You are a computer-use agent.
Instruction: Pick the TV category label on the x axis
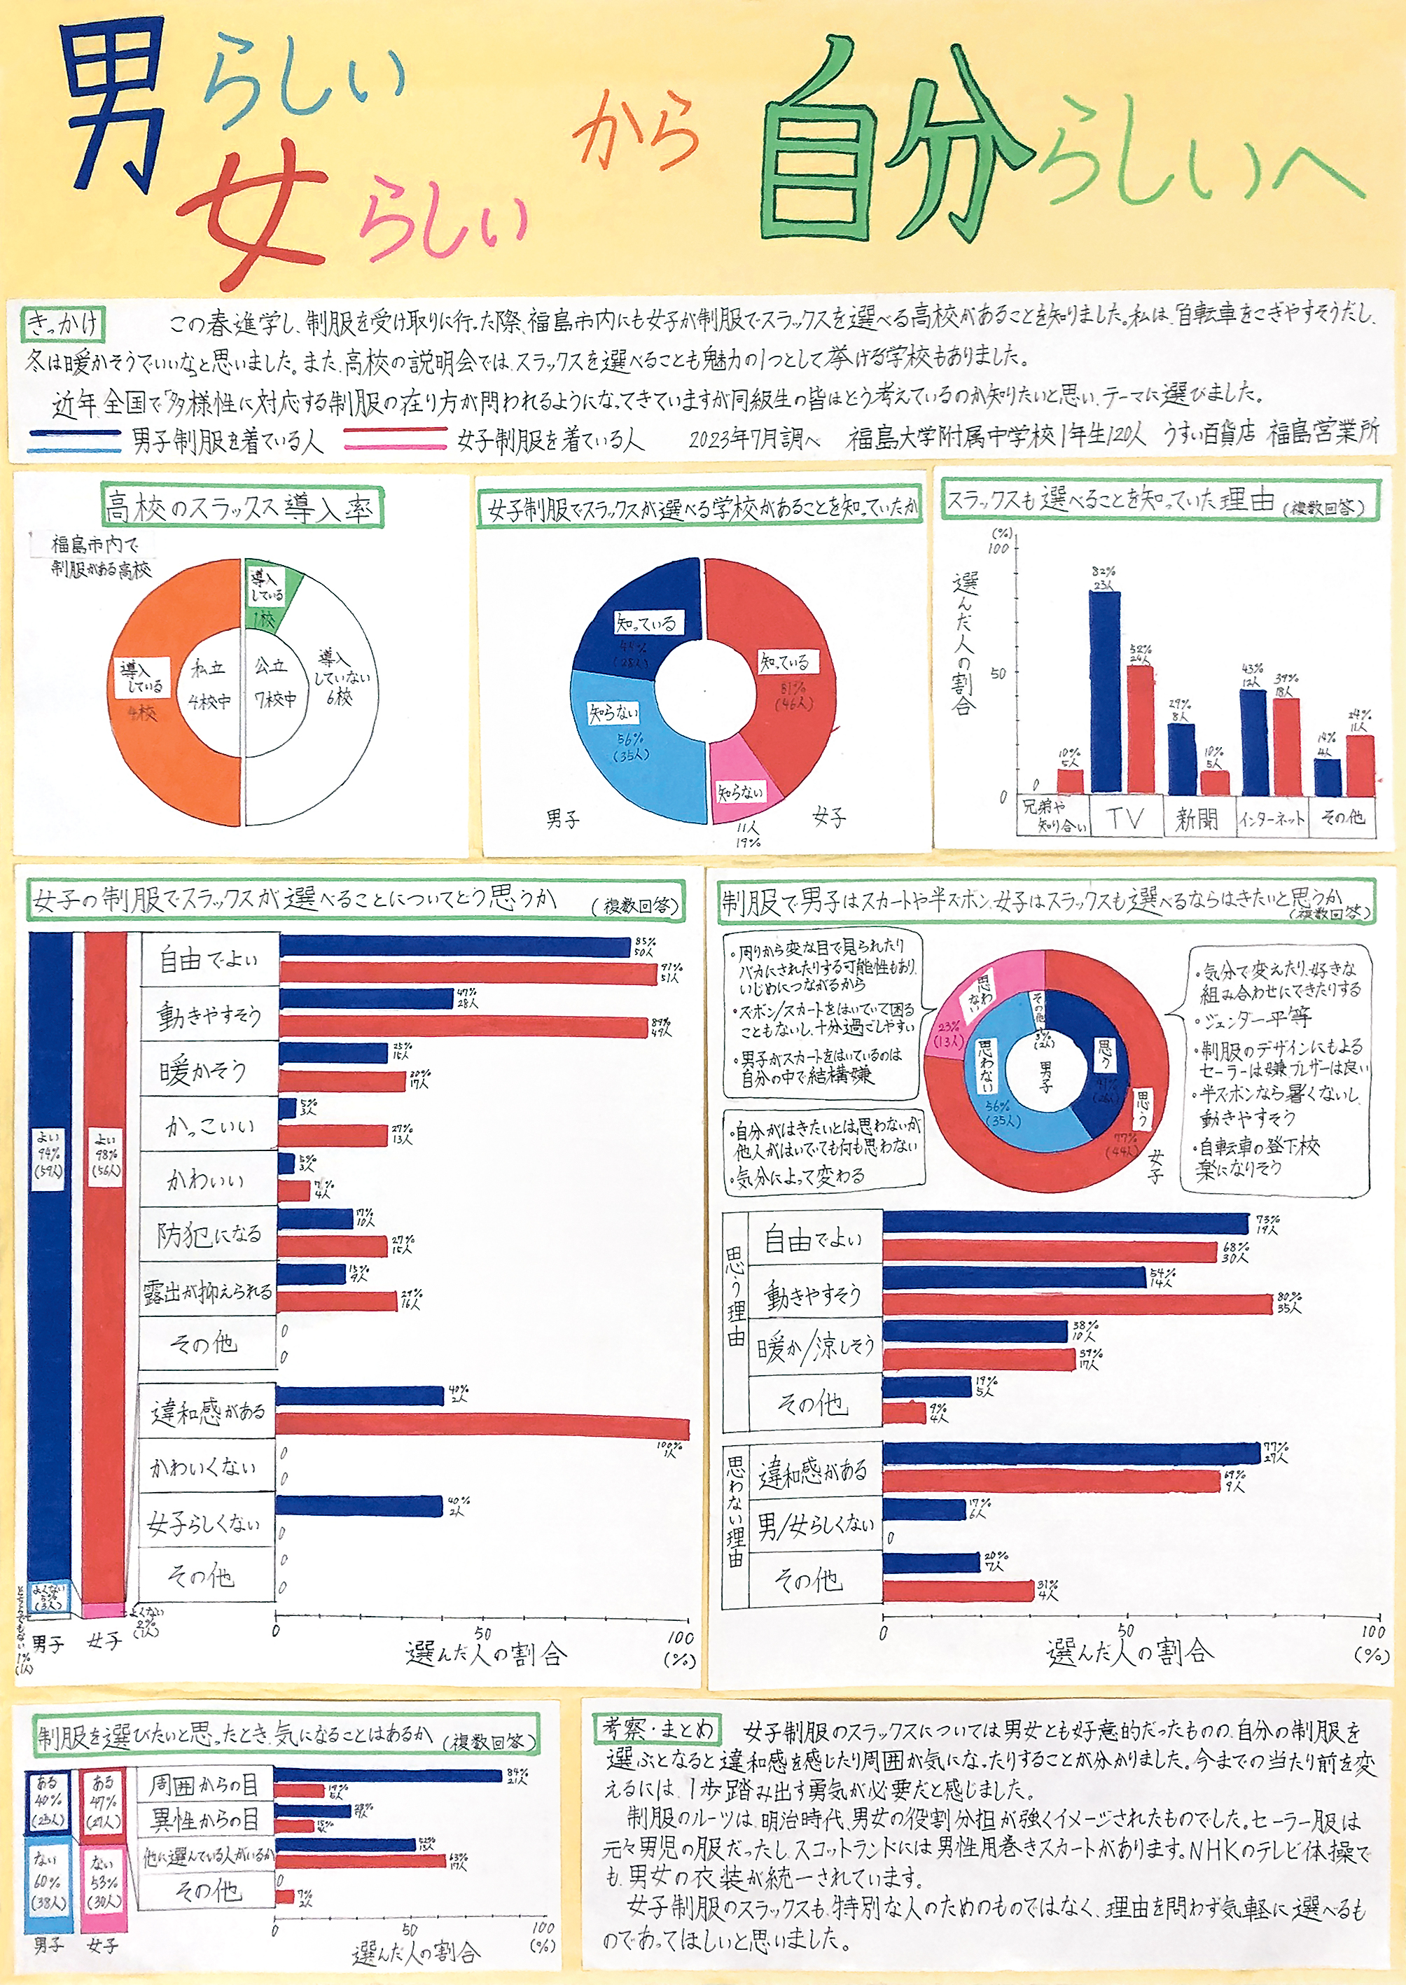(1125, 818)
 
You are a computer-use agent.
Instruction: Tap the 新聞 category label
(1197, 818)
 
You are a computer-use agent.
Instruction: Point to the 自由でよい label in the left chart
(209, 959)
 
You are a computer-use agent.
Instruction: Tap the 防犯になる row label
(209, 1234)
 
